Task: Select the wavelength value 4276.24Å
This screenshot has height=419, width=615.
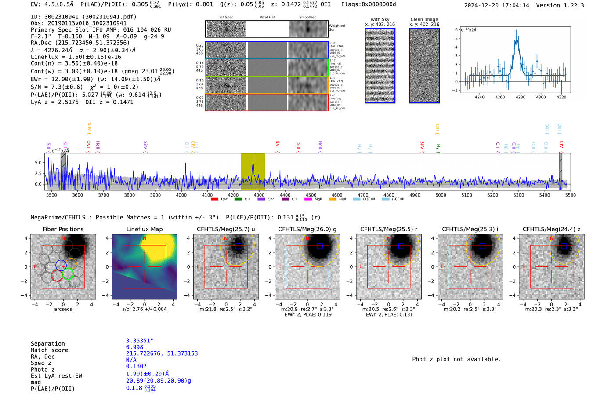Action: pyautogui.click(x=57, y=50)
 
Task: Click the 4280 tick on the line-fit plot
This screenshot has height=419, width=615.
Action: pyautogui.click(x=521, y=97)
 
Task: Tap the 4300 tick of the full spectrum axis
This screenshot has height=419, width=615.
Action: pyautogui.click(x=259, y=195)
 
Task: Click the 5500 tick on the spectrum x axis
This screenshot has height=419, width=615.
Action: pyautogui.click(x=570, y=195)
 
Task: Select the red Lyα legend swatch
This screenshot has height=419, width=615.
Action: pyautogui.click(x=214, y=200)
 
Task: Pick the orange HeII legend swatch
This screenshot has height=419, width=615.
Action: pyautogui.click(x=333, y=200)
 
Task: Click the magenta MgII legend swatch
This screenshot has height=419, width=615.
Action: pyautogui.click(x=308, y=200)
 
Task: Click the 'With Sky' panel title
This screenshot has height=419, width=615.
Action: pyautogui.click(x=380, y=19)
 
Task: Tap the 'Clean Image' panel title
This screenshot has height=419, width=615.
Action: pyautogui.click(x=424, y=19)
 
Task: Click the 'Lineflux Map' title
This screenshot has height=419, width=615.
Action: pyautogui.click(x=145, y=229)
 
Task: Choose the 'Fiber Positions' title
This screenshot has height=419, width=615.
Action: pyautogui.click(x=63, y=229)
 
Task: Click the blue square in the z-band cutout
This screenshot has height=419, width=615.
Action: pyautogui.click(x=564, y=246)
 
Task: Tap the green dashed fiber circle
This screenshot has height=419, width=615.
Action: pyautogui.click(x=68, y=274)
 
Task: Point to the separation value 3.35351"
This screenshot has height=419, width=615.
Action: pyautogui.click(x=140, y=341)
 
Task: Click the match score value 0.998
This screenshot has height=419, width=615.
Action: pyautogui.click(x=134, y=347)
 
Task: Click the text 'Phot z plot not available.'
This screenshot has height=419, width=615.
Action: pyautogui.click(x=456, y=359)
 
